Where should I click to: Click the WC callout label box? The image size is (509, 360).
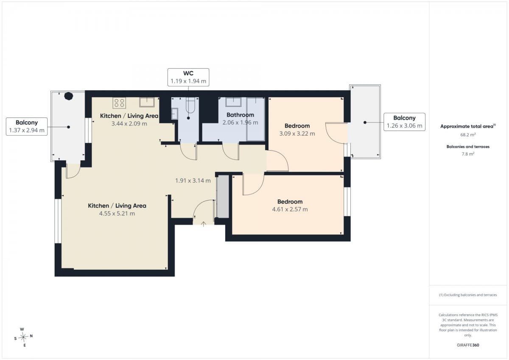pyautogui.click(x=188, y=77)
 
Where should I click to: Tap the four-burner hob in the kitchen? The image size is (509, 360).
pyautogui.click(x=119, y=103)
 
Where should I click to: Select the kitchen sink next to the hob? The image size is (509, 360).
pyautogui.click(x=147, y=102)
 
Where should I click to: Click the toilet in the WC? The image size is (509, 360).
pyautogui.click(x=190, y=105)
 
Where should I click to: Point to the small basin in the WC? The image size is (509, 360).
pyautogui.click(x=174, y=114)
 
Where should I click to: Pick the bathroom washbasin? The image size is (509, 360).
pyautogui.click(x=233, y=102)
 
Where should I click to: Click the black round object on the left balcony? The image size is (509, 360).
pyautogui.click(x=68, y=96)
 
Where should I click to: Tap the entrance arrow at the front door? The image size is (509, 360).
pyautogui.click(x=203, y=224)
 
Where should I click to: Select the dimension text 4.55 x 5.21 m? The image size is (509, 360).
pyautogui.click(x=117, y=214)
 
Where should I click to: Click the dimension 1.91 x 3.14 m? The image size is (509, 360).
pyautogui.click(x=193, y=181)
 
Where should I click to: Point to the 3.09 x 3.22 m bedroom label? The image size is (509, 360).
pyautogui.click(x=297, y=134)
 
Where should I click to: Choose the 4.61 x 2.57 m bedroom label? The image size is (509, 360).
pyautogui.click(x=290, y=209)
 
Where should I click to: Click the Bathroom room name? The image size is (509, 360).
pyautogui.click(x=240, y=115)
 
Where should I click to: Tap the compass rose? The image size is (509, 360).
pyautogui.click(x=23, y=337)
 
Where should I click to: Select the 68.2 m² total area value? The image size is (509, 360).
pyautogui.click(x=468, y=135)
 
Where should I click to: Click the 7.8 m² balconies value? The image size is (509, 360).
pyautogui.click(x=468, y=154)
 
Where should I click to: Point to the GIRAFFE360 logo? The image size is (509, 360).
pyautogui.click(x=468, y=345)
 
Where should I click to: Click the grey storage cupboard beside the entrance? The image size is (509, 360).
pyautogui.click(x=223, y=196)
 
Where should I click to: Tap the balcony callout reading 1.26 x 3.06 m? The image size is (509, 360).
pyautogui.click(x=405, y=122)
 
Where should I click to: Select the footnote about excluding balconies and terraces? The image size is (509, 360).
pyautogui.click(x=468, y=295)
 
